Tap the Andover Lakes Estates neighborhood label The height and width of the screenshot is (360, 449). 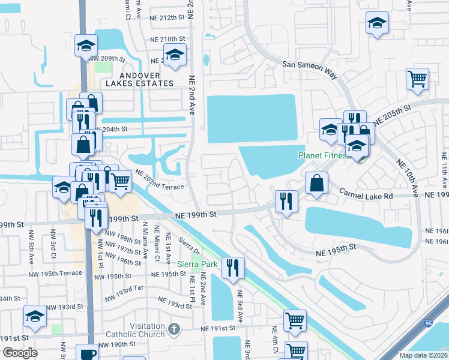[139, 79]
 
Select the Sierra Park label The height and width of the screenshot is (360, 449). [196, 264]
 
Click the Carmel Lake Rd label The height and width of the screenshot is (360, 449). [366, 194]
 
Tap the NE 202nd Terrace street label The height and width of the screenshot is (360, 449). [159, 181]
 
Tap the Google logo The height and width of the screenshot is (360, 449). [20, 353]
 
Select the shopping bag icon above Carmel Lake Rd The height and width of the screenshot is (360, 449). [316, 182]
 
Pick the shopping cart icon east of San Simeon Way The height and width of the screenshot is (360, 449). [417, 79]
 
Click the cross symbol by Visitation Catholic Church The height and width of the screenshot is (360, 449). [174, 329]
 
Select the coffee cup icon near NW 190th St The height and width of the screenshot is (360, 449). [87, 353]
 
